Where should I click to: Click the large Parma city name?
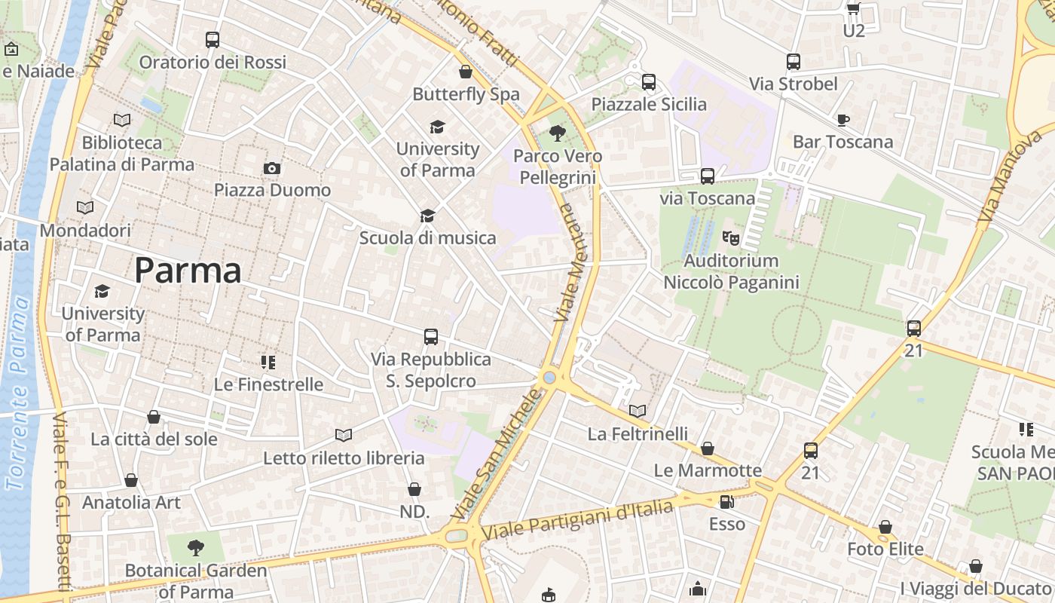pyautogui.click(x=188, y=271)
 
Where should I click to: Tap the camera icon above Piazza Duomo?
pyautogui.click(x=272, y=168)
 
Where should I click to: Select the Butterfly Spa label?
pyautogui.click(x=466, y=94)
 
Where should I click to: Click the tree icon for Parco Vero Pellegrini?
pyautogui.click(x=557, y=134)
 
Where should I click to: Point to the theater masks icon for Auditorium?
pyautogui.click(x=730, y=238)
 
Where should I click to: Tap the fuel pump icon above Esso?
pyautogui.click(x=726, y=501)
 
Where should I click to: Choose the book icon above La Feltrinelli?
pyautogui.click(x=638, y=412)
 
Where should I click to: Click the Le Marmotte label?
pyautogui.click(x=708, y=470)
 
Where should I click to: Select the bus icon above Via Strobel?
pyautogui.click(x=793, y=62)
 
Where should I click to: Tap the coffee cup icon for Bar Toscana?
pyautogui.click(x=842, y=120)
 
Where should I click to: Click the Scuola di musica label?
pyautogui.click(x=427, y=238)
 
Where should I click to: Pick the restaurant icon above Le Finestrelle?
pyautogui.click(x=268, y=363)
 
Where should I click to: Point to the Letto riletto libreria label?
pyautogui.click(x=344, y=458)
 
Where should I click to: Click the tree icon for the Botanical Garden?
pyautogui.click(x=196, y=547)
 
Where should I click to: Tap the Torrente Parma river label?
pyautogui.click(x=20, y=392)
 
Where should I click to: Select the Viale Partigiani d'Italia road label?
pyautogui.click(x=576, y=519)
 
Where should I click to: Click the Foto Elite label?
pyautogui.click(x=885, y=549)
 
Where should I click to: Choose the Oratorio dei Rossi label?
pyautogui.click(x=213, y=62)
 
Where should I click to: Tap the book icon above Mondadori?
pyautogui.click(x=85, y=207)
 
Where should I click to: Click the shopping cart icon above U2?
pyautogui.click(x=853, y=9)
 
